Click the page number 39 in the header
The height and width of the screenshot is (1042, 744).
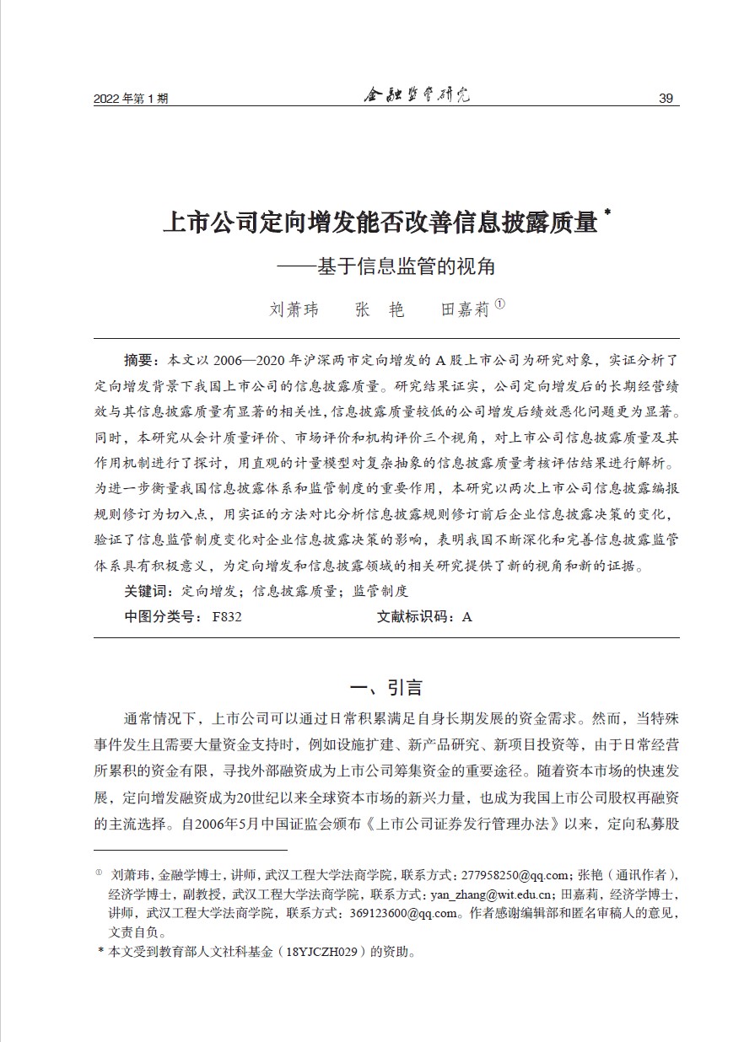click(x=665, y=99)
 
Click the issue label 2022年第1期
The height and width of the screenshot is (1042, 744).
click(x=131, y=99)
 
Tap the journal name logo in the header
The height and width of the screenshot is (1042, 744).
click(x=416, y=95)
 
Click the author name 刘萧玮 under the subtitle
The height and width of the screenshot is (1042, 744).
click(x=294, y=309)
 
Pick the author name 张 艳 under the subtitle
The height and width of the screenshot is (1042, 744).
click(x=380, y=309)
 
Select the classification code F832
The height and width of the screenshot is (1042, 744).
click(x=228, y=616)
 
